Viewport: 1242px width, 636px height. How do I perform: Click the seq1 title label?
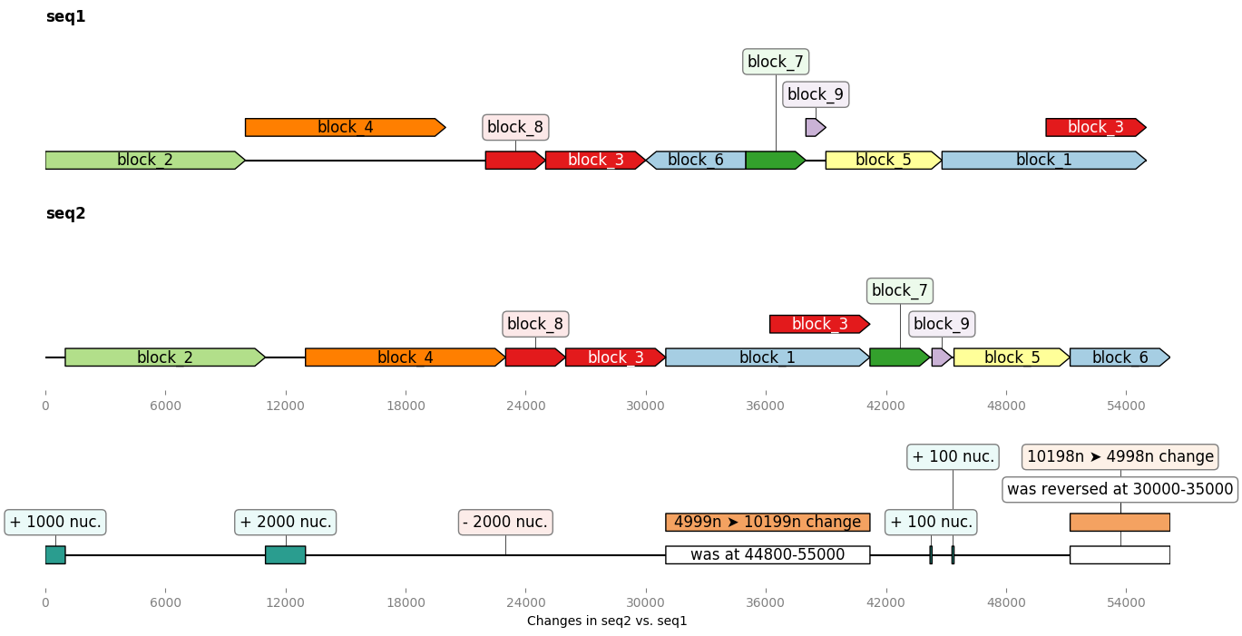tap(65, 16)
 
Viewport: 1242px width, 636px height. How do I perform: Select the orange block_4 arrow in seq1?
tap(345, 127)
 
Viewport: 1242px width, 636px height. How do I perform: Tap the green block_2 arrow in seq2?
tap(164, 357)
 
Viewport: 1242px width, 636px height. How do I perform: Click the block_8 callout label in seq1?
tap(515, 127)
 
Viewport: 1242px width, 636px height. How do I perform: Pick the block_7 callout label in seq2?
tap(899, 291)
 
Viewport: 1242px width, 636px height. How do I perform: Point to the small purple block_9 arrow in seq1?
tap(815, 127)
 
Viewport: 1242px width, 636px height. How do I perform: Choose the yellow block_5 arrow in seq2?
tap(1011, 357)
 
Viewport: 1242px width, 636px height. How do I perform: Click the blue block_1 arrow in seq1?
tap(1043, 161)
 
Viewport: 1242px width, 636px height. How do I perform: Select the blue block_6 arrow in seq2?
tap(1120, 357)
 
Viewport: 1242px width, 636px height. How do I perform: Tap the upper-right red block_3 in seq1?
tap(1095, 127)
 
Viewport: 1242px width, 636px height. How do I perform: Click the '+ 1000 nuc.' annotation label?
tap(55, 522)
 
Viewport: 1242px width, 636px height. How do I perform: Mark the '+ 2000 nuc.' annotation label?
tap(286, 522)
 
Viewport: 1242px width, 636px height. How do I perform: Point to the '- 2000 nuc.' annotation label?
tap(505, 522)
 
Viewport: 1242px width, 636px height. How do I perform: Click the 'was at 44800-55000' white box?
tap(768, 554)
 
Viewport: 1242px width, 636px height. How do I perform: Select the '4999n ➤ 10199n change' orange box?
tap(768, 522)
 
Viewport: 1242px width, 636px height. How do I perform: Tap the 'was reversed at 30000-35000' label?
tap(1120, 489)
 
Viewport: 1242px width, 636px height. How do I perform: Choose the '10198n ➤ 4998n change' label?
tap(1120, 456)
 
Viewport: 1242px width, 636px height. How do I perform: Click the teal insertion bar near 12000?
tap(285, 554)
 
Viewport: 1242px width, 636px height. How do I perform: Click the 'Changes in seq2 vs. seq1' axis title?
tap(607, 621)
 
